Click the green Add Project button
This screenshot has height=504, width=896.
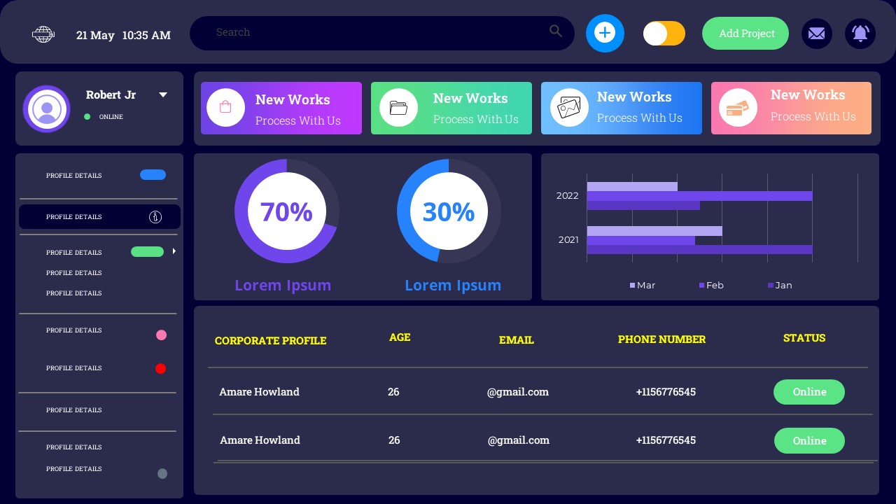[745, 34]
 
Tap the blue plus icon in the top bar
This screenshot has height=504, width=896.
[605, 33]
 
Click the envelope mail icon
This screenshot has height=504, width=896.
[816, 34]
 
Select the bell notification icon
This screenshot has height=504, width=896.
[860, 34]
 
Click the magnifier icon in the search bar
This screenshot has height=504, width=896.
[556, 31]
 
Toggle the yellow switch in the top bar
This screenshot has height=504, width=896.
[664, 34]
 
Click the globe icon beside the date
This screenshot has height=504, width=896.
[43, 34]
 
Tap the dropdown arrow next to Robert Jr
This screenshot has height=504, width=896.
[163, 95]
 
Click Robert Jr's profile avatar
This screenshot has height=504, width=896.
[47, 108]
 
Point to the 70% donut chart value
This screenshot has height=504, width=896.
[286, 211]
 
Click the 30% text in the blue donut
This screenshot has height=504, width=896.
[449, 211]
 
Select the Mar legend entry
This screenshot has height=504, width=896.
[643, 286]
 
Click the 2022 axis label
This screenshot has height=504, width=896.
[567, 196]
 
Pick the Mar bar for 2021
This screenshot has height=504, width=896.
[654, 231]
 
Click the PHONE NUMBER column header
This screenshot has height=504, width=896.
[661, 339]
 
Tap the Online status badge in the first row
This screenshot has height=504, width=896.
[808, 392]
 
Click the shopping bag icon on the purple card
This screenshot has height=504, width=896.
[225, 107]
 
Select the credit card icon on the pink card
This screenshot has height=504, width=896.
[737, 108]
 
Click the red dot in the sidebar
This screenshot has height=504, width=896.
[160, 369]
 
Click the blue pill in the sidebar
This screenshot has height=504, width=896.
[153, 175]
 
